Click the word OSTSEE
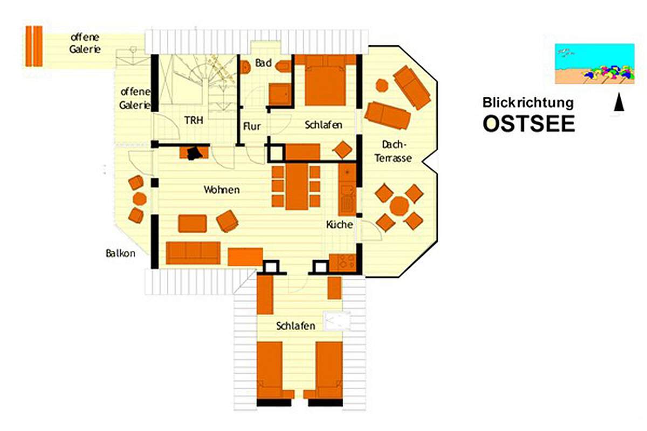pos(529,123)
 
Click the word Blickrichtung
pos(528,103)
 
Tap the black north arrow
pos(618,102)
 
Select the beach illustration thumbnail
pos(595,64)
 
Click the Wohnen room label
pos(222,190)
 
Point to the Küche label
pos(339,224)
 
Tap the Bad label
pos(263,63)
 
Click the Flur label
pos(252,126)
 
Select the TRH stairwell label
pos(194,120)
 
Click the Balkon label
pos(120,253)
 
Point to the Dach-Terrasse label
pos(393,151)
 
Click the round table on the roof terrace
pos(400,206)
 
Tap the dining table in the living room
pos(297,186)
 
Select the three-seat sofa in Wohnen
pos(193,253)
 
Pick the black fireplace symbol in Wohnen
pos(194,154)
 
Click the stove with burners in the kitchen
pos(342,263)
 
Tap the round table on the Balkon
pos(140,199)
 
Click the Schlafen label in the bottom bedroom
pos(295,326)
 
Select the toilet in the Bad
pos(245,67)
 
